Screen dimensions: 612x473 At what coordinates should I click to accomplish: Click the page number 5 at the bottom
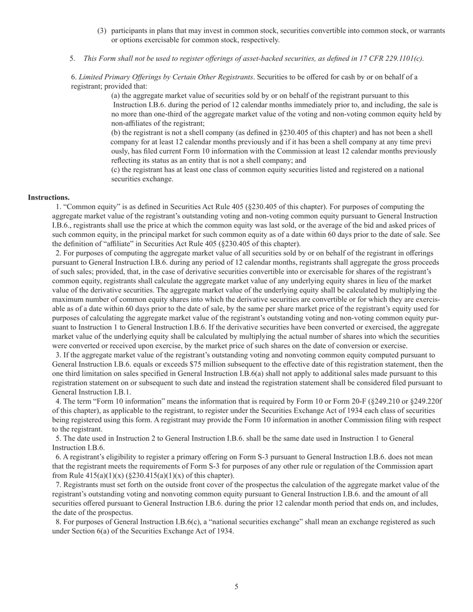pyautogui.click(x=236, y=587)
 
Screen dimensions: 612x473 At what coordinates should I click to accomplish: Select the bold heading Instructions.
pyautogui.click(x=49, y=198)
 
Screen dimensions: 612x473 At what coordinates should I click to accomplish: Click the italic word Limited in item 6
pyautogui.click(x=92, y=77)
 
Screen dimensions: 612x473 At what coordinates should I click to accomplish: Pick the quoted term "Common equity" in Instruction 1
pyautogui.click(x=85, y=206)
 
